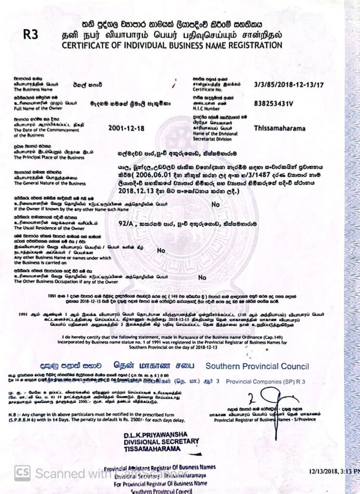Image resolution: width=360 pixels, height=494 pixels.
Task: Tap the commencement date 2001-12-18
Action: coord(127,129)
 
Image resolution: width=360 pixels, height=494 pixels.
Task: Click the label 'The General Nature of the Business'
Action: coord(50,183)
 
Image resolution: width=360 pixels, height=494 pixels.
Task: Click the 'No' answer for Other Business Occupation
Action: coord(202,277)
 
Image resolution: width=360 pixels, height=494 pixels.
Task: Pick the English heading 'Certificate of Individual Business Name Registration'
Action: coord(171,45)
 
